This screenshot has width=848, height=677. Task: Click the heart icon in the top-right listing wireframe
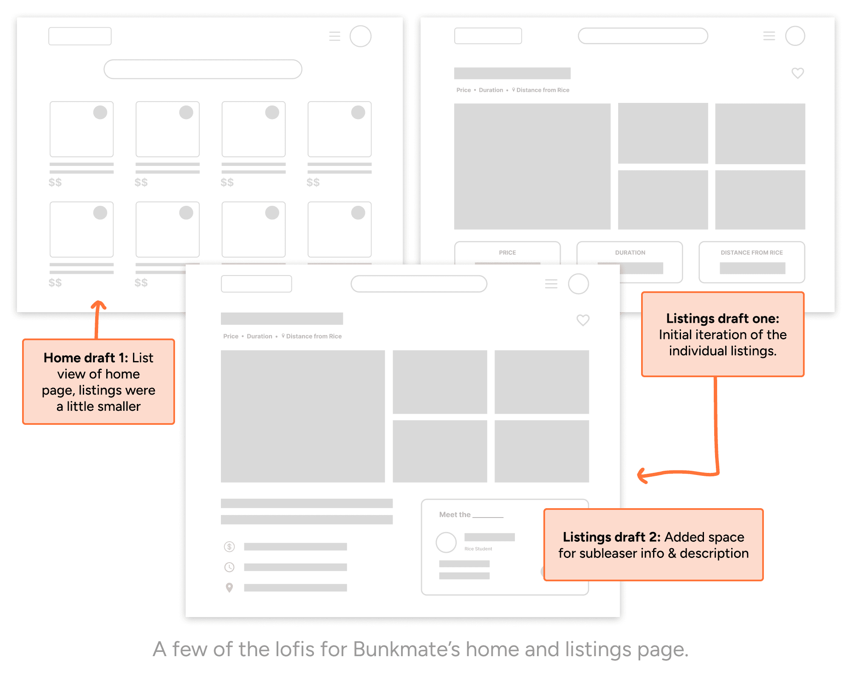(x=797, y=73)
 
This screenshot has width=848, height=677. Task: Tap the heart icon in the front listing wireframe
(x=582, y=320)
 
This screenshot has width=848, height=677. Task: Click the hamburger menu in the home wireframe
(x=335, y=36)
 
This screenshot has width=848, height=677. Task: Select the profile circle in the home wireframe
(x=360, y=36)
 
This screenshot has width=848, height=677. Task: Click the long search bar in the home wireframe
(x=203, y=69)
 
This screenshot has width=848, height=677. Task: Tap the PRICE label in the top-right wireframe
(x=507, y=253)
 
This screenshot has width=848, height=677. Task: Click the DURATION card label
(x=630, y=253)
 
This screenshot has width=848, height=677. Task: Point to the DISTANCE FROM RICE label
(x=752, y=253)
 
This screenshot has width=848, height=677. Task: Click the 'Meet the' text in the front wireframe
(x=455, y=515)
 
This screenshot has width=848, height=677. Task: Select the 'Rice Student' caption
(x=478, y=549)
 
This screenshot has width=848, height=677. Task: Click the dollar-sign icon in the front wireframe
(x=229, y=546)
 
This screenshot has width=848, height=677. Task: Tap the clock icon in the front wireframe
(x=229, y=567)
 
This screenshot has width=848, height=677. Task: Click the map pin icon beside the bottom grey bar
(x=229, y=587)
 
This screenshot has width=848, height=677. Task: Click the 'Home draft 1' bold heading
(x=85, y=358)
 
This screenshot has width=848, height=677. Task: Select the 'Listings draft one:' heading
(x=722, y=318)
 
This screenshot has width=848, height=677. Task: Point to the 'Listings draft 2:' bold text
(x=611, y=537)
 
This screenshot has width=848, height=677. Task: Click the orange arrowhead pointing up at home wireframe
(x=98, y=304)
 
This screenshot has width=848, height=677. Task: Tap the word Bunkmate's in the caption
(x=406, y=649)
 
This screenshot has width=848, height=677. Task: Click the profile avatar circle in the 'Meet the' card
(x=446, y=542)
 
